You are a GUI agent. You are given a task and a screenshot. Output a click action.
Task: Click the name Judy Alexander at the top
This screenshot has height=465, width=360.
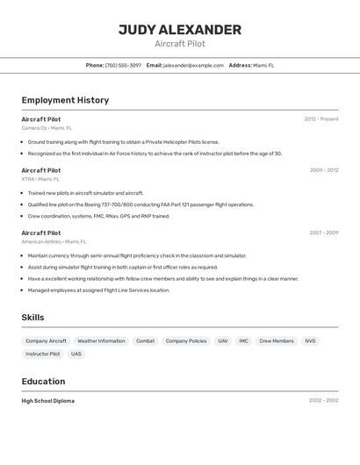pyautogui.click(x=179, y=30)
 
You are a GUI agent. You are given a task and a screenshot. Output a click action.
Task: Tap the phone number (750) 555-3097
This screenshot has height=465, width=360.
pyautogui.click(x=123, y=65)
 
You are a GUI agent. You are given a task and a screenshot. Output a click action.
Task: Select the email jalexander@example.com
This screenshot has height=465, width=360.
pyautogui.click(x=194, y=65)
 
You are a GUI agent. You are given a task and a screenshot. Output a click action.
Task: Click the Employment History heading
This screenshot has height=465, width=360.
pyautogui.click(x=65, y=100)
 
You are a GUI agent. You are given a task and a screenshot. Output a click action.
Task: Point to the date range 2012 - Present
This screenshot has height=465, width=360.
pyautogui.click(x=321, y=119)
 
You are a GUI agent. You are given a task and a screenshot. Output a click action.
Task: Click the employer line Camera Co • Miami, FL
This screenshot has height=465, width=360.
pyautogui.click(x=47, y=128)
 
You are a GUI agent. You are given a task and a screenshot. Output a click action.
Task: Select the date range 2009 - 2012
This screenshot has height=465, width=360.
pyautogui.click(x=324, y=170)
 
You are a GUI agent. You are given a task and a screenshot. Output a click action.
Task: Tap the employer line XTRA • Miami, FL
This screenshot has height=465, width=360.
pyautogui.click(x=41, y=179)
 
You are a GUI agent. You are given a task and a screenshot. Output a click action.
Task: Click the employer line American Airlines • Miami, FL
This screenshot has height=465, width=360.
pyautogui.click(x=54, y=241)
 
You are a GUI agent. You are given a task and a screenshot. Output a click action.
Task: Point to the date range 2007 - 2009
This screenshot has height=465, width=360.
pyautogui.click(x=324, y=233)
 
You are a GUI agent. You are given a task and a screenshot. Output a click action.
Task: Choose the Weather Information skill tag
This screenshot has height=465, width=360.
pyautogui.click(x=101, y=340)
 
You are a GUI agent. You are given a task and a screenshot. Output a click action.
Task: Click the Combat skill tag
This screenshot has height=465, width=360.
pyautogui.click(x=145, y=340)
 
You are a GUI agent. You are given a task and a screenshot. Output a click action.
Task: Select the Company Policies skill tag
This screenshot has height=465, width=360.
pyautogui.click(x=186, y=340)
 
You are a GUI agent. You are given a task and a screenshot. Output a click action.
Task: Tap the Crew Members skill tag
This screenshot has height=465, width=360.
pyautogui.click(x=277, y=340)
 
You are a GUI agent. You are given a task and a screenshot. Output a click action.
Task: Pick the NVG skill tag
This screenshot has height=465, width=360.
pyautogui.click(x=310, y=340)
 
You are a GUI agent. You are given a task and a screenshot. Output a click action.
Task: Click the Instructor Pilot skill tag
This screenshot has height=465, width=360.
pyautogui.click(x=43, y=354)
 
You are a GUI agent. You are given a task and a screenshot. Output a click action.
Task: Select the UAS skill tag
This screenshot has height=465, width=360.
pyautogui.click(x=76, y=354)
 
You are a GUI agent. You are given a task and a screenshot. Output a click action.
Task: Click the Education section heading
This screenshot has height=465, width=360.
pyautogui.click(x=43, y=382)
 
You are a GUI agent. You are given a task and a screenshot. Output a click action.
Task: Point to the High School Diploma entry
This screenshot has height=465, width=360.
pyautogui.click(x=48, y=401)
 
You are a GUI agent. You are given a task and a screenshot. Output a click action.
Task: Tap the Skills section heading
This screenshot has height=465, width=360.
pyautogui.click(x=32, y=318)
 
